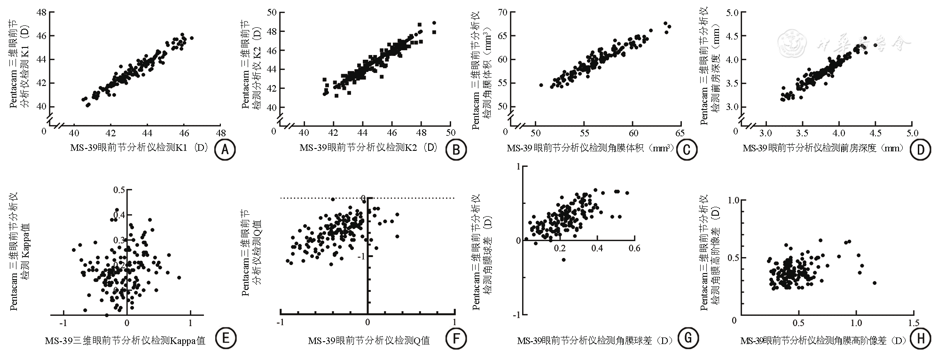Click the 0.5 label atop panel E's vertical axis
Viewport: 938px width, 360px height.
pyautogui.click(x=119, y=190)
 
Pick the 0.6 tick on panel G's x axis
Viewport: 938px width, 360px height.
pyautogui.click(x=634, y=248)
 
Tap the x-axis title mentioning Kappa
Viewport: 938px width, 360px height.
pyautogui.click(x=125, y=340)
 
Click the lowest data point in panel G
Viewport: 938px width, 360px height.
pyautogui.click(x=563, y=259)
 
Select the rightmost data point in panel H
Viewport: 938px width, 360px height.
pyautogui.click(x=874, y=283)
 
